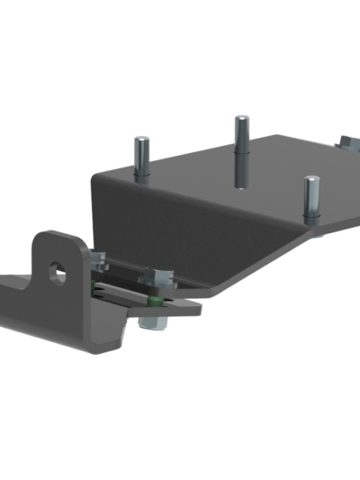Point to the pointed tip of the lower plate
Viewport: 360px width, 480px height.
(x=198, y=307)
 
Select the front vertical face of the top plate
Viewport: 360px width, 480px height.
(x=180, y=225)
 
